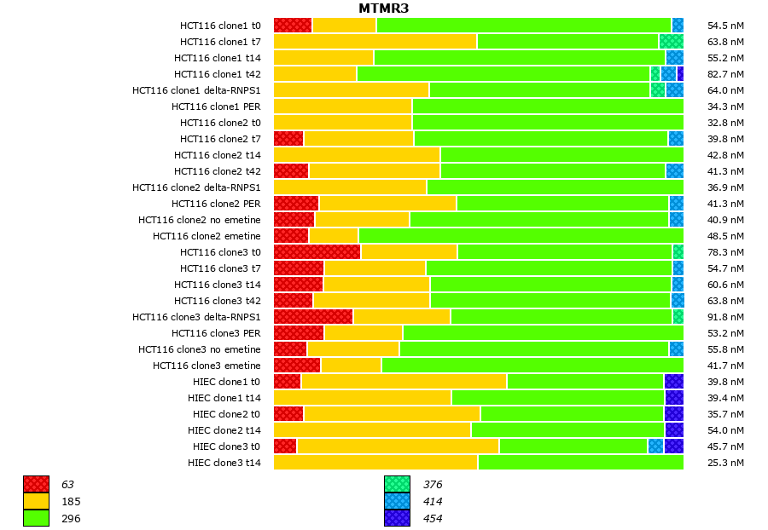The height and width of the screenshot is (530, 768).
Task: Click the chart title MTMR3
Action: pos(383,9)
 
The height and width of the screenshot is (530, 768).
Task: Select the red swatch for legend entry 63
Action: pos(36,484)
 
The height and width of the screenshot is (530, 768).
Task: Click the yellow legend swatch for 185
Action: pos(36,501)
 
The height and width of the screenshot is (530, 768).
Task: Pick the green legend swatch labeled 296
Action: pos(36,518)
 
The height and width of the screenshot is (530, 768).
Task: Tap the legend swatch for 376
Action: pos(397,484)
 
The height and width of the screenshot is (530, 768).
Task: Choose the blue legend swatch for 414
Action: pos(397,501)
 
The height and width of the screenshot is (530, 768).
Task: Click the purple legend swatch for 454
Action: pos(397,518)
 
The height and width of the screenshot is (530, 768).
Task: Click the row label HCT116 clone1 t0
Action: pos(220,26)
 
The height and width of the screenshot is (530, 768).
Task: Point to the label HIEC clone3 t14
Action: pos(224,463)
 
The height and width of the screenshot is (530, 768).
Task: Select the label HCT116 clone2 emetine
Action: pos(207,236)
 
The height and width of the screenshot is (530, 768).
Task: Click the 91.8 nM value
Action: pos(726,317)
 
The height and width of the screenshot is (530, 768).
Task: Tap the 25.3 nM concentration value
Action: pos(726,463)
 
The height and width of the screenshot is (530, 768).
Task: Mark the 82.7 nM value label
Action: pos(726,74)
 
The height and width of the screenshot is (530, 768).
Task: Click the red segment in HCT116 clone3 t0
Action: pos(317,252)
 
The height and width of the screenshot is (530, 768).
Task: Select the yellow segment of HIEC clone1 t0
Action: pos(404,382)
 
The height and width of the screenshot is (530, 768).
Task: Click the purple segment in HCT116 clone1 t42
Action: pos(680,74)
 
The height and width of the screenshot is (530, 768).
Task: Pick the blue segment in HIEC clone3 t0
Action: pos(655,446)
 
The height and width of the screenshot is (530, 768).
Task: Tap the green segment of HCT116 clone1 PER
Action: pos(547,107)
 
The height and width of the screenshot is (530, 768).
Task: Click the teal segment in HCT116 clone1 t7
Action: pos(671,42)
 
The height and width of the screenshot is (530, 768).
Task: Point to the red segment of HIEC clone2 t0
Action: pos(288,414)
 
